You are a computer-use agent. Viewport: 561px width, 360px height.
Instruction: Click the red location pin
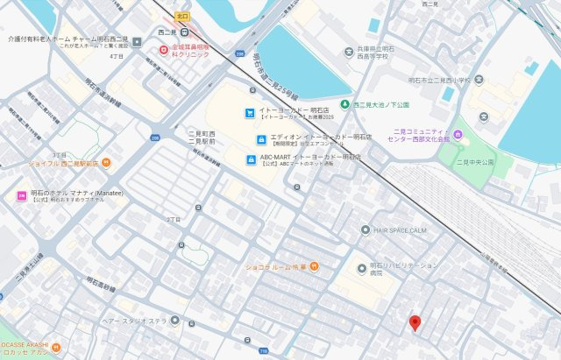click(x=415, y=323)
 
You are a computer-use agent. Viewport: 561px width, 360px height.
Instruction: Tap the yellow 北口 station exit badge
click(x=182, y=16)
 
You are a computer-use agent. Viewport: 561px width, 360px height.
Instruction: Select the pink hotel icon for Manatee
click(x=22, y=195)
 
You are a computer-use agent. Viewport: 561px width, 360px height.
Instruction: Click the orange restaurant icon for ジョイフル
click(x=106, y=162)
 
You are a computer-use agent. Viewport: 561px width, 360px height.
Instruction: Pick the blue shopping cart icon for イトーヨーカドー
click(x=251, y=113)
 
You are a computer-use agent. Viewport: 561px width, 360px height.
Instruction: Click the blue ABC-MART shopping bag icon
click(x=252, y=159)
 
